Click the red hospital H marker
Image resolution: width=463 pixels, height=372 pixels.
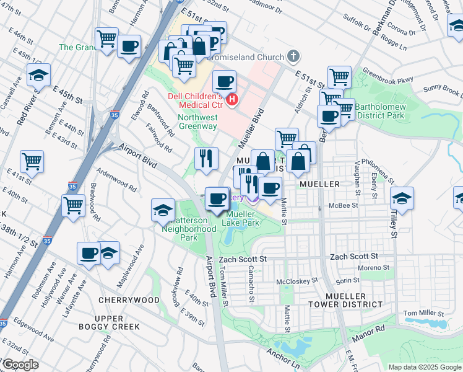pos(232,99)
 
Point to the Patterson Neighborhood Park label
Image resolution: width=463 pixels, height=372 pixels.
pos(189,228)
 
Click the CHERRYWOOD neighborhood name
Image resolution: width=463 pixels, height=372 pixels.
pos(129,300)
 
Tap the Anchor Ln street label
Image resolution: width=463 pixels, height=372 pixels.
pos(283,358)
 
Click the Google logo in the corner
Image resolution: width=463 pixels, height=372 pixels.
pos(20,365)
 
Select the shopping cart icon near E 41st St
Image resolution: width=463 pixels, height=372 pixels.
pos(32,161)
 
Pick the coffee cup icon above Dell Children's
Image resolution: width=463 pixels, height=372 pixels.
pos(224,81)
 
